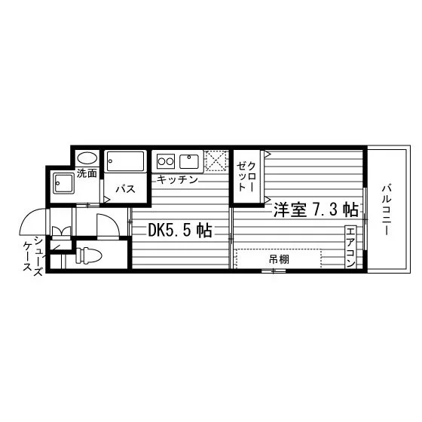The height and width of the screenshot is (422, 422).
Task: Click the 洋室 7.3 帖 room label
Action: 316,209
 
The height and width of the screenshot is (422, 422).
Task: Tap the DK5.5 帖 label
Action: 180,231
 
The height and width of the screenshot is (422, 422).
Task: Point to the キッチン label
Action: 177,179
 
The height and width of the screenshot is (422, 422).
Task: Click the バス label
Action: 125,189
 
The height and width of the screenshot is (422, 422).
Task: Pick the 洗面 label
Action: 87,173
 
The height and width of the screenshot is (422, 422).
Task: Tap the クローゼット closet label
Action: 246,176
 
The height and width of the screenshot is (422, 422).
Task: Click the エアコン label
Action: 350,247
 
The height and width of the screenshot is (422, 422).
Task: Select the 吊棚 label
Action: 279,259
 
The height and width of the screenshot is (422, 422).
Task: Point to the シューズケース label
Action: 33,255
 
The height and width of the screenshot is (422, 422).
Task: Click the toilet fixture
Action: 89,255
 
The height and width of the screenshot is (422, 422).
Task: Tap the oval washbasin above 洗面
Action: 87,158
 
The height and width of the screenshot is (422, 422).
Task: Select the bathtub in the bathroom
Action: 125,161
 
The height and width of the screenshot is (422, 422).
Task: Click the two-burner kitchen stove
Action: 166,161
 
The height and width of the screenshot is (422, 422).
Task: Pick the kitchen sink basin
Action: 189,161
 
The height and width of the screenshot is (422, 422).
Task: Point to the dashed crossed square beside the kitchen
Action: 216,161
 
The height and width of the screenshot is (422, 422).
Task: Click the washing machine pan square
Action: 63,183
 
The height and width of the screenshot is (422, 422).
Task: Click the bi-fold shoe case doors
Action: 61,231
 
